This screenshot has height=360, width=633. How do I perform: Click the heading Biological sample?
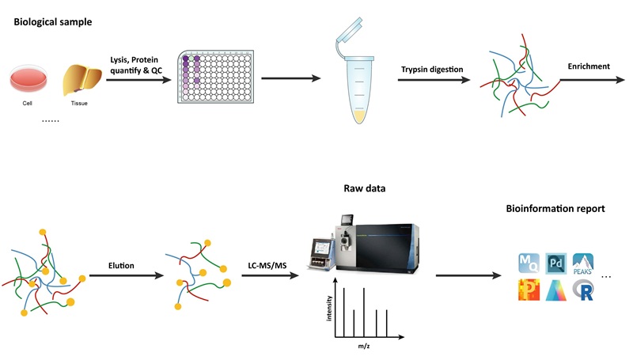point(52,21)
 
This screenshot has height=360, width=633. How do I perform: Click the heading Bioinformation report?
point(556,209)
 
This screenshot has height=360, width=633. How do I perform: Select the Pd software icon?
point(555,263)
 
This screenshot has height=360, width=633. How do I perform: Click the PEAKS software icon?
point(584,262)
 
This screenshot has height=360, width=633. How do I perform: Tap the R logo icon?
point(584,290)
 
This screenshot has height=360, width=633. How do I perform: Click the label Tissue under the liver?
point(79,103)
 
